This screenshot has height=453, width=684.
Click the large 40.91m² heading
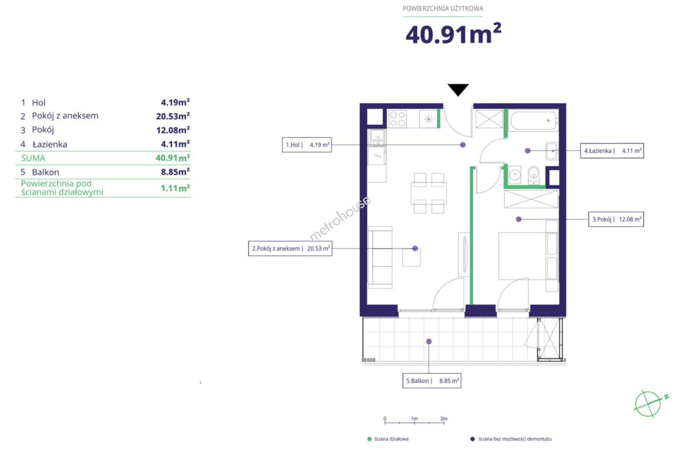[453, 34]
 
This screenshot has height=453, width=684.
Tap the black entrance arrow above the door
[458, 89]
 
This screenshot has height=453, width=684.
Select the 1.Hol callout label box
[307, 145]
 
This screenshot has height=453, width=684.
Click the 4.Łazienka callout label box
[612, 151]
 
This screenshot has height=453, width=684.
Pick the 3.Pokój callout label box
[616, 219]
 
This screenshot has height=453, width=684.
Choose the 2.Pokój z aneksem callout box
[290, 249]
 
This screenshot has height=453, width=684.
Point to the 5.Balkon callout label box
[432, 381]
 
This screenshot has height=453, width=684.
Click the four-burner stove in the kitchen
[398, 119]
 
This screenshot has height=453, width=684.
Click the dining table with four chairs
[429, 193]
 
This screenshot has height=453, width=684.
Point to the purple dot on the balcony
[429, 341]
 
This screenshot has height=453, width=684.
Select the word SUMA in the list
[33, 158]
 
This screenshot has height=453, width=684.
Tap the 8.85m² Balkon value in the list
[175, 172]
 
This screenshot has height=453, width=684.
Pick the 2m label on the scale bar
[444, 419]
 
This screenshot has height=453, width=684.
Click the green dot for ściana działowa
[369, 439]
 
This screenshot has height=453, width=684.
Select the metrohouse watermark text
[340, 218]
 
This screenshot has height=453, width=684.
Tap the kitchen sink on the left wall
[377, 138]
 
